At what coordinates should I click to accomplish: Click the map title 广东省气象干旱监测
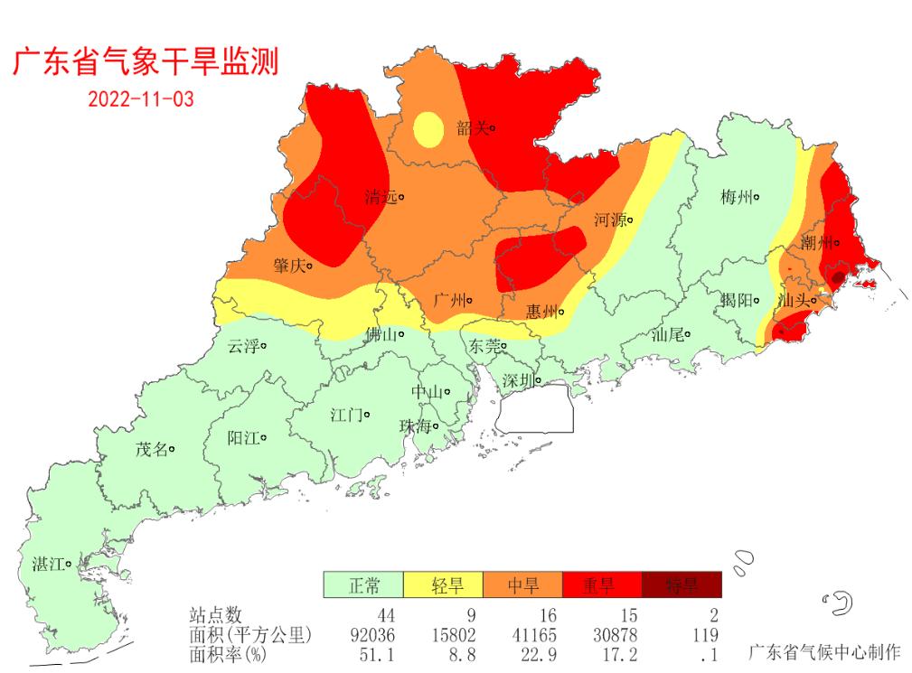tap(145, 61)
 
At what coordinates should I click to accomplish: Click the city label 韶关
tap(473, 129)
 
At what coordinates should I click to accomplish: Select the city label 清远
tap(381, 197)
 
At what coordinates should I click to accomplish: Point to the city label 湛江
tap(49, 565)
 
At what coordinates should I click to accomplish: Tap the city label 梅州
tap(737, 197)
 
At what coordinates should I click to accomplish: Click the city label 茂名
tap(152, 449)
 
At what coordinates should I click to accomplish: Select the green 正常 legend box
tap(363, 585)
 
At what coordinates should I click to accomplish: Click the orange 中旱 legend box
tap(522, 585)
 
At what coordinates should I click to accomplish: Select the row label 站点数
tap(216, 616)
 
